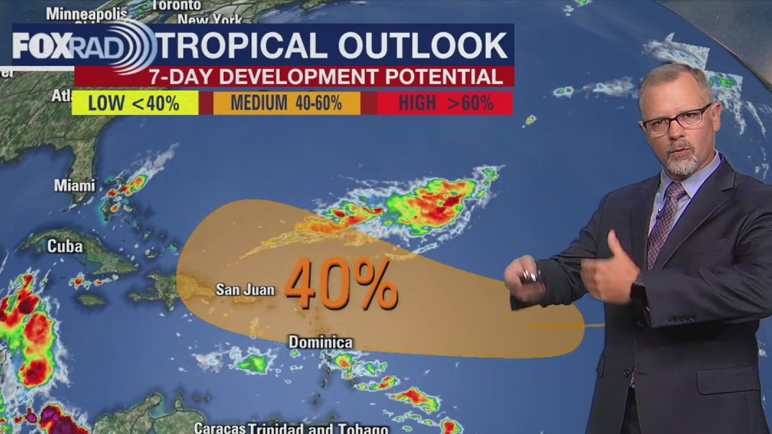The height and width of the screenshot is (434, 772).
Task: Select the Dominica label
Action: click(x=320, y=343)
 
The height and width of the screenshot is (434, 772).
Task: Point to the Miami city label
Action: click(x=74, y=186)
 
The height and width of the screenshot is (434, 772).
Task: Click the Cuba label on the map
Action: click(x=60, y=245)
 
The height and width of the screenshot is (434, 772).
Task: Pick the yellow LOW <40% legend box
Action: click(x=134, y=103)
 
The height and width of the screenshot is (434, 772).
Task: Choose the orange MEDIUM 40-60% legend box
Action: click(x=286, y=103)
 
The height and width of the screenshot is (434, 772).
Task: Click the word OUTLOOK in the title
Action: click(x=423, y=45)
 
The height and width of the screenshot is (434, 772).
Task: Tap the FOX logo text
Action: click(x=40, y=47)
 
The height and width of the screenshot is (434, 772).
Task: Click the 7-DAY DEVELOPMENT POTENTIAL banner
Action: click(x=326, y=77)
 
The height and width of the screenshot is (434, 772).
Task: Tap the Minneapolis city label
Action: click(x=82, y=14)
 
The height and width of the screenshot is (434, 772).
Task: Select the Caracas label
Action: click(x=219, y=427)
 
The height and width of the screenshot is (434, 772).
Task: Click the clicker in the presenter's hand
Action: click(x=531, y=276)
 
